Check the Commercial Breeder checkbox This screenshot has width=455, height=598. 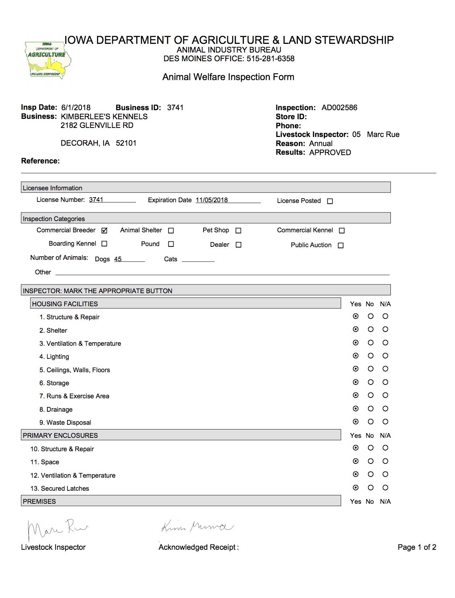(105, 231)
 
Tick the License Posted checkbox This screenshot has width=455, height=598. (330, 201)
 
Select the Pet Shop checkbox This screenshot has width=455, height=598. (238, 231)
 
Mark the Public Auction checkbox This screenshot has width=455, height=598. (341, 245)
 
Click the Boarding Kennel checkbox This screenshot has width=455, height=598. (104, 244)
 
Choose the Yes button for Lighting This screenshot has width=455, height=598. (356, 356)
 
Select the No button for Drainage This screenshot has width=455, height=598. (371, 408)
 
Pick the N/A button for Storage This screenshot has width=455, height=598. (385, 382)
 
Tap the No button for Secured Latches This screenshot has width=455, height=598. (371, 487)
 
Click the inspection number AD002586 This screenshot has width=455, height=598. (339, 108)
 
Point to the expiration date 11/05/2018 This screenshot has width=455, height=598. (212, 200)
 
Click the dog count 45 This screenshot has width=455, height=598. (118, 259)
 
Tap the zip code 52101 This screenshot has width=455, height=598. (126, 143)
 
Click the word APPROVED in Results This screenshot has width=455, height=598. (330, 153)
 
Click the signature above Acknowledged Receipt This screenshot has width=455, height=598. (197, 527)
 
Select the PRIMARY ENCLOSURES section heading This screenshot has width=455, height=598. (60, 436)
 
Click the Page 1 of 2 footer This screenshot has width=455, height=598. (417, 547)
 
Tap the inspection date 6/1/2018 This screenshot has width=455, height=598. (76, 108)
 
